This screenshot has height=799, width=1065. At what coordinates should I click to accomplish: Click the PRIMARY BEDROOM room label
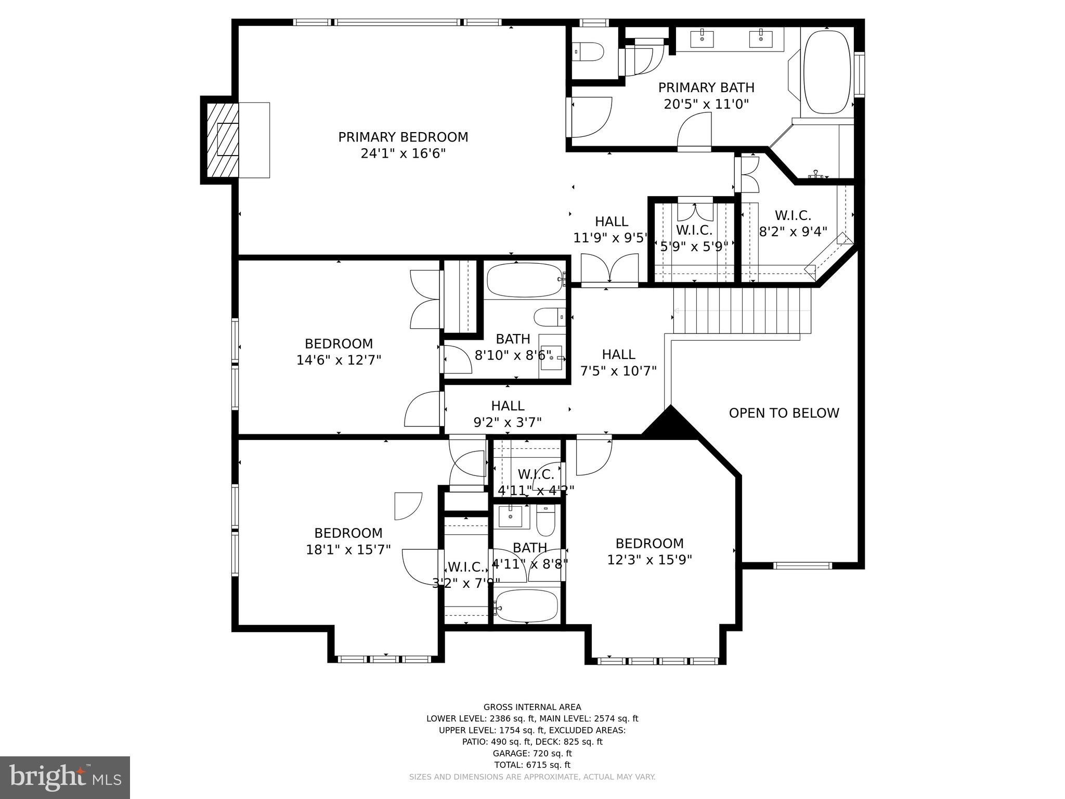tap(403, 137)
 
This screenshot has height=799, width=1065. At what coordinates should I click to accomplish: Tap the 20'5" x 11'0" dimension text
tap(706, 104)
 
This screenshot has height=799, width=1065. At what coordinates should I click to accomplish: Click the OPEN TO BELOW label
tap(784, 413)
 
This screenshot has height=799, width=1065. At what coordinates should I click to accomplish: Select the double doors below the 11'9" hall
tap(609, 269)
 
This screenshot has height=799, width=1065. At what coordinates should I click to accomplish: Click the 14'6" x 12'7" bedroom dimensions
tap(339, 360)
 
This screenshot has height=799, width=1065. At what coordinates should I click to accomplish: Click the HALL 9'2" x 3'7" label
tap(508, 414)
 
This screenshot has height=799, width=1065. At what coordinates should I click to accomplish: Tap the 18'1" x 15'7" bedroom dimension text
tap(348, 550)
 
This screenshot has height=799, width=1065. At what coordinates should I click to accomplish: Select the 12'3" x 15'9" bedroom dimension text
tap(650, 560)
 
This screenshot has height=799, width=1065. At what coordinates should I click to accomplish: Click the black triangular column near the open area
tap(671, 424)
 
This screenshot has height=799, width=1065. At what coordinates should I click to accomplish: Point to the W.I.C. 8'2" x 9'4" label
tap(793, 224)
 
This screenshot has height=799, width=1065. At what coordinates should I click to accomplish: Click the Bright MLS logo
tap(64, 778)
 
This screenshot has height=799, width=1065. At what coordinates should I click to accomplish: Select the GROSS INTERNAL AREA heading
tap(532, 707)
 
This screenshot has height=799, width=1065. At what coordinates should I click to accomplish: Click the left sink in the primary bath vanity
tap(702, 38)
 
